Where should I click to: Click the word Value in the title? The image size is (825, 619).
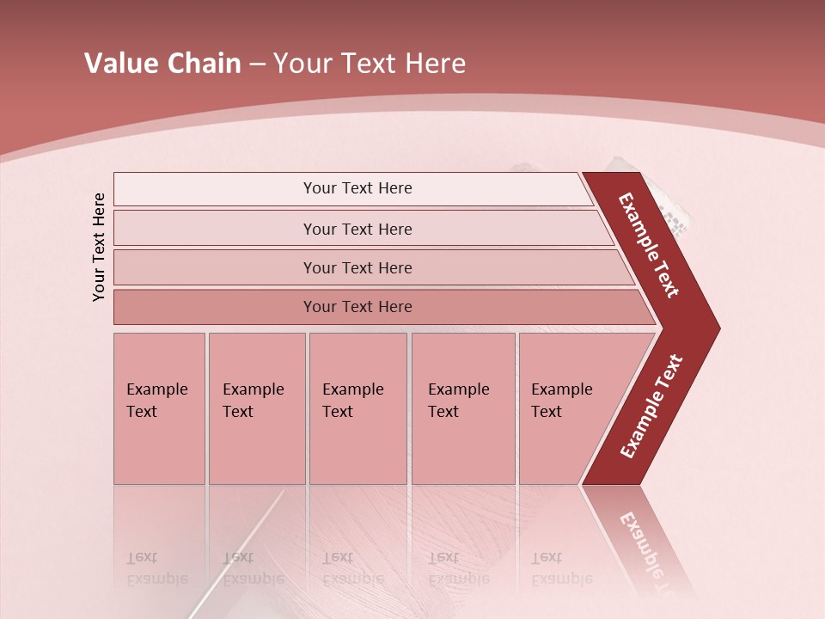point(119,64)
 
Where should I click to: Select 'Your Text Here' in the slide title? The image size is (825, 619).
point(370,64)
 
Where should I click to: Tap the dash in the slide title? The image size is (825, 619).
point(257,64)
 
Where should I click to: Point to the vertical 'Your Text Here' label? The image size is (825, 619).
point(99,247)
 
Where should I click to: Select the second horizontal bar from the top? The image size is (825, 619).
point(357,229)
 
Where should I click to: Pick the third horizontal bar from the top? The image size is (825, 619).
point(357,267)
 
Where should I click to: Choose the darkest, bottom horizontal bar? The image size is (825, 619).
point(357,307)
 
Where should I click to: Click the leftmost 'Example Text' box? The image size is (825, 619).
point(159,408)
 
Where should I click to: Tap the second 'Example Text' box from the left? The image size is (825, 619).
point(256,408)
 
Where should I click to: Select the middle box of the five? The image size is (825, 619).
point(357,408)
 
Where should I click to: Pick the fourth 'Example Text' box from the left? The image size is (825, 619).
point(462,408)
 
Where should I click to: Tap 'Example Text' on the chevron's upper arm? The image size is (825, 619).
point(650,245)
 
